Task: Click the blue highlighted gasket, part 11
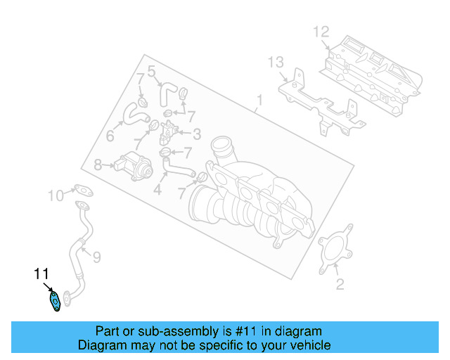55,301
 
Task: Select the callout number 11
41,274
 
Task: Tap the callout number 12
321,32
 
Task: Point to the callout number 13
276,63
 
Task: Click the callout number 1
259,101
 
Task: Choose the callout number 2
340,284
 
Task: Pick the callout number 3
197,134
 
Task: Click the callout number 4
157,189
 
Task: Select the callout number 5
151,71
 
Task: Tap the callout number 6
110,136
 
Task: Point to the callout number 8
98,165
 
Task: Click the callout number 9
97,257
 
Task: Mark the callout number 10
56,195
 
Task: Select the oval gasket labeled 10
84,190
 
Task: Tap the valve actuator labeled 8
133,167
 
